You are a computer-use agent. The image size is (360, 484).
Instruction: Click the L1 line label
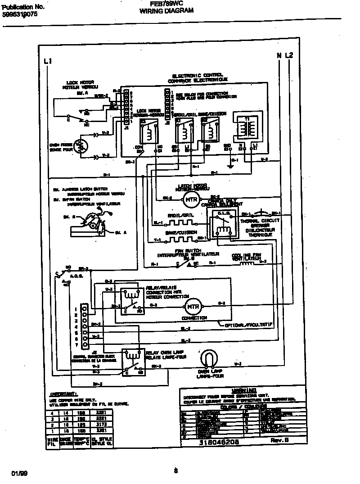tap(48, 61)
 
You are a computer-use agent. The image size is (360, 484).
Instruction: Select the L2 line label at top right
tap(289, 55)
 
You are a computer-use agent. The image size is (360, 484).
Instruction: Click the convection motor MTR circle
tap(193, 306)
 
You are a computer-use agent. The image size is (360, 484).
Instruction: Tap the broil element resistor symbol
tap(182, 222)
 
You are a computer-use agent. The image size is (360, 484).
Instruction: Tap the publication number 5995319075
tap(20, 14)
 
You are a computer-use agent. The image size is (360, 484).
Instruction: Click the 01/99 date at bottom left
tap(20, 473)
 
